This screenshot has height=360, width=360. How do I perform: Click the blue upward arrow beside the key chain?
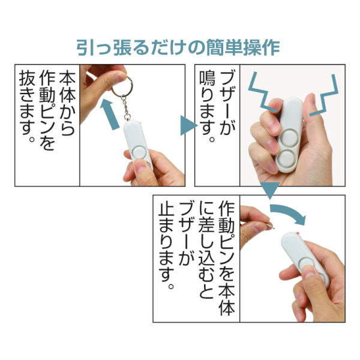tap(110, 114)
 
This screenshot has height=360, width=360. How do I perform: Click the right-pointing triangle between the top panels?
tap(188, 127)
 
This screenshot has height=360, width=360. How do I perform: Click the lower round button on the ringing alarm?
tap(285, 161)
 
